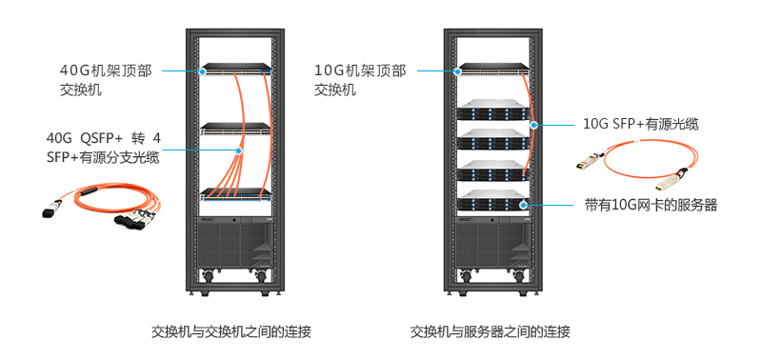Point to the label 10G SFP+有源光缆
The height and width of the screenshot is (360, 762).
640,124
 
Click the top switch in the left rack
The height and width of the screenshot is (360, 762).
236,70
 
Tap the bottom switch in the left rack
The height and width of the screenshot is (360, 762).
236,193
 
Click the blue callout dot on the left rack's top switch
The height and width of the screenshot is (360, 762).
203,70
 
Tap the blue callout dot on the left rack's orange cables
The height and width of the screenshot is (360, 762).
240,150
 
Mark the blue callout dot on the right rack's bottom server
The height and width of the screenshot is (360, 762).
525,204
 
